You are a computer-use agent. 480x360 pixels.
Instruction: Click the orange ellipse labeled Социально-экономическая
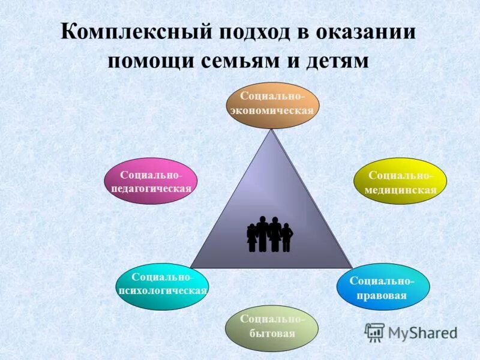273,104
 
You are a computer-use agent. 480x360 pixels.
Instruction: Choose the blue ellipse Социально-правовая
382,288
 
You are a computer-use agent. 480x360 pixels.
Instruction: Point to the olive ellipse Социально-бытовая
272,326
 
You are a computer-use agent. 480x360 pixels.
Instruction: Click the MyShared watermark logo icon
375,331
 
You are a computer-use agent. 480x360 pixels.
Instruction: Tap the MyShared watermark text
422,332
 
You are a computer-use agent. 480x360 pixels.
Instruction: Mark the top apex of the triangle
272,131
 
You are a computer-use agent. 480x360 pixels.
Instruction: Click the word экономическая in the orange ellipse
273,110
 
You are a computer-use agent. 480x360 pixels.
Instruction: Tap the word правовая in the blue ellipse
382,295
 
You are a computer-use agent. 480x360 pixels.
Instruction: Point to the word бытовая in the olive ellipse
272,334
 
